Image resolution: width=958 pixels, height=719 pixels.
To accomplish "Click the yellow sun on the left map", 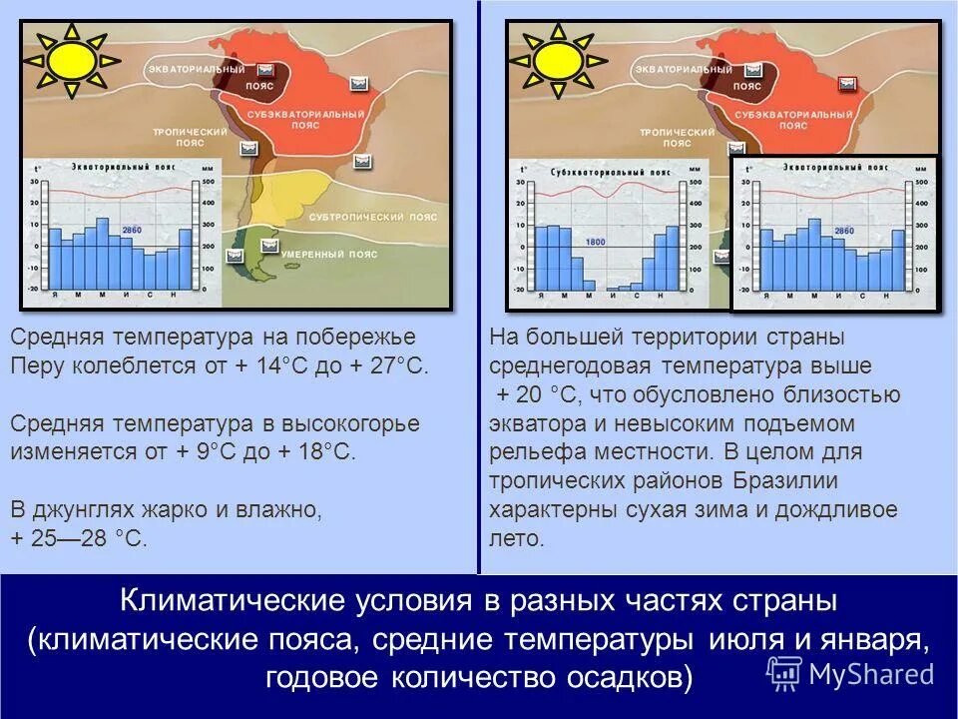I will (x=71, y=62).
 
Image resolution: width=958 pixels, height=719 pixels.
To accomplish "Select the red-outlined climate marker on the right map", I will (x=848, y=84).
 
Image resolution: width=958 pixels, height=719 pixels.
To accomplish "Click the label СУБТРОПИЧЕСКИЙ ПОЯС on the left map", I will (x=373, y=217).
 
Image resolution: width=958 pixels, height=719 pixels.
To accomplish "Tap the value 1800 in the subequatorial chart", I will (x=596, y=242).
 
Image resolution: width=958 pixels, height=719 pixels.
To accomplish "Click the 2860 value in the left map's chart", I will (x=132, y=231).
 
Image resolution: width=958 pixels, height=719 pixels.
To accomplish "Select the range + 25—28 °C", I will (x=79, y=538).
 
